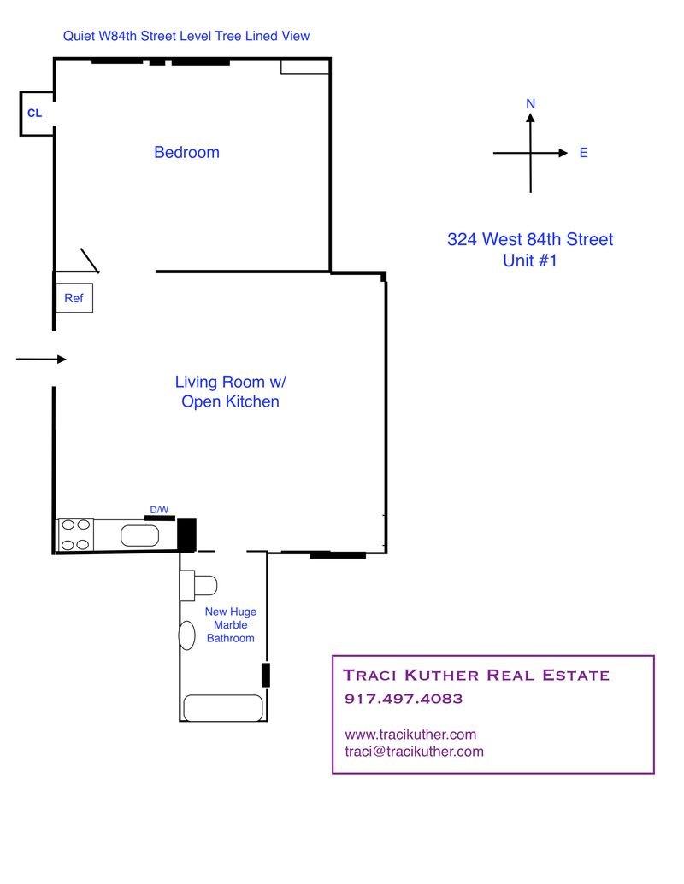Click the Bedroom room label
[186, 153]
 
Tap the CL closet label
[34, 113]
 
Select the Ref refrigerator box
[74, 298]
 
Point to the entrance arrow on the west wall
[41, 360]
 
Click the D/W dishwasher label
[159, 510]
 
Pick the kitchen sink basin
[139, 536]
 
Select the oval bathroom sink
[186, 635]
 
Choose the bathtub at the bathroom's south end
[223, 708]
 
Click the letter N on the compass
[530, 104]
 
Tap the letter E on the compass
[583, 153]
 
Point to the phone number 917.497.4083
[403, 699]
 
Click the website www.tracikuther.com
[410, 735]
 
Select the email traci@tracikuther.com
[414, 752]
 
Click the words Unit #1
[530, 261]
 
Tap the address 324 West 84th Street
[530, 240]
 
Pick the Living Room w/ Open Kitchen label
[230, 391]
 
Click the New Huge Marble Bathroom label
[230, 624]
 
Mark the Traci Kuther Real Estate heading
[476, 675]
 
